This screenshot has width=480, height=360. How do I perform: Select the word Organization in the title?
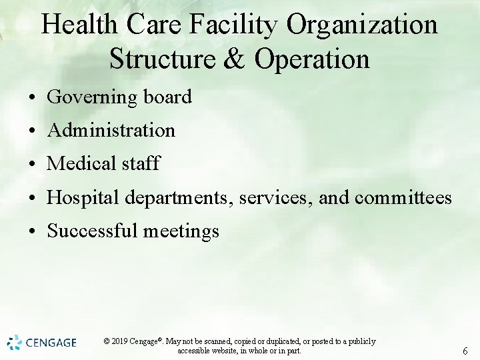[x=362, y=25]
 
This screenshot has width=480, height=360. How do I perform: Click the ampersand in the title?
[x=233, y=59]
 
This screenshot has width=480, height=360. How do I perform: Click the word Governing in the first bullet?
[x=92, y=97]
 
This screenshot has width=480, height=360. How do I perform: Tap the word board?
[x=167, y=97]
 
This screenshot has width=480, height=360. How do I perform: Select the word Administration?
[x=111, y=130]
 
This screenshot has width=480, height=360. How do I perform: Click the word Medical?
[x=78, y=163]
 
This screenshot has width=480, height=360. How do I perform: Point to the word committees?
[x=403, y=198]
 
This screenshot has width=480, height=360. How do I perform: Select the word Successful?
[x=91, y=231]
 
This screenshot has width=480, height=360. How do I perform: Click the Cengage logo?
[x=42, y=343]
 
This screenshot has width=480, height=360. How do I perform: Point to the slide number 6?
[x=465, y=351]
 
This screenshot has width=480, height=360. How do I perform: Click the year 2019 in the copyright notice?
[x=121, y=341]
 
